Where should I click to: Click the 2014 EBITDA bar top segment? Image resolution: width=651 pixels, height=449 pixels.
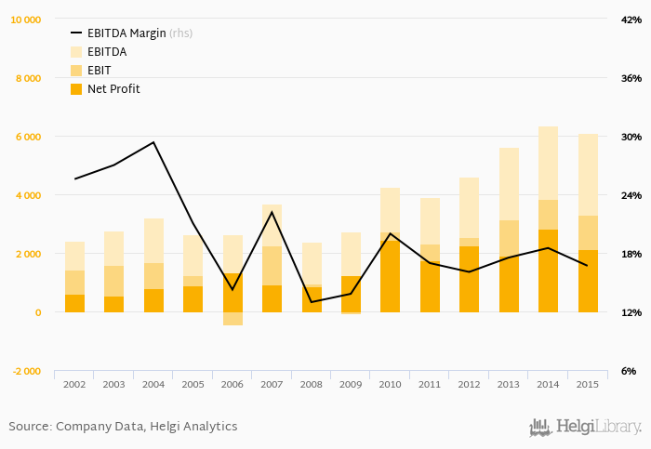click(x=548, y=163)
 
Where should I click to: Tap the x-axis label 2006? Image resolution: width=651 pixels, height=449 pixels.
click(x=232, y=384)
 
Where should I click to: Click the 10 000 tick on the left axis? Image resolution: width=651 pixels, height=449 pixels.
click(x=25, y=20)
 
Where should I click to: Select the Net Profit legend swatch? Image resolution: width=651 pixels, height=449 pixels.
click(x=76, y=89)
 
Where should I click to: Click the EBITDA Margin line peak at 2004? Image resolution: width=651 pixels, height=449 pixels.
click(x=153, y=142)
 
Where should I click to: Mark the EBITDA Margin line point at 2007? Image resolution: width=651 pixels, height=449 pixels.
click(x=272, y=212)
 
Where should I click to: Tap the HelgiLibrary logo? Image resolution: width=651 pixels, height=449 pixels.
click(x=585, y=427)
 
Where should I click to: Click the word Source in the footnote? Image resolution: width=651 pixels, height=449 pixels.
click(x=28, y=427)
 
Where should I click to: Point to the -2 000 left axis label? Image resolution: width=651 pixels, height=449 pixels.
click(x=25, y=371)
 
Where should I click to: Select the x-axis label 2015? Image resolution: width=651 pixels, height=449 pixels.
click(x=588, y=384)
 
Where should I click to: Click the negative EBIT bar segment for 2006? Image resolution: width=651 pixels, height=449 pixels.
click(x=232, y=319)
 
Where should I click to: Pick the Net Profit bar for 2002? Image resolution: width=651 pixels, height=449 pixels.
click(x=74, y=303)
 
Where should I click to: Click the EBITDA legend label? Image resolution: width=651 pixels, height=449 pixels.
click(x=107, y=52)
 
